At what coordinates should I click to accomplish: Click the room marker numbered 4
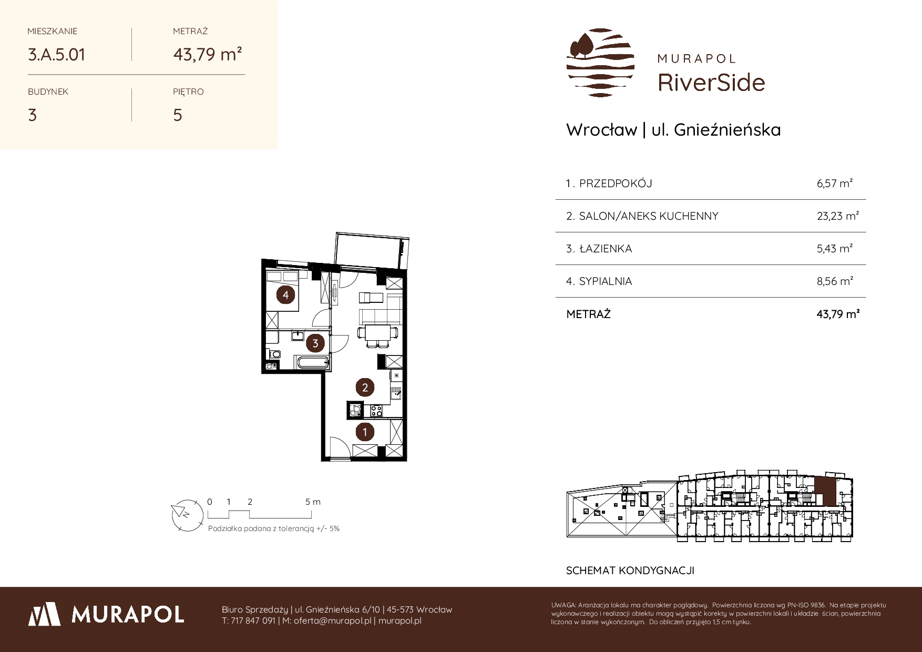point(285,295)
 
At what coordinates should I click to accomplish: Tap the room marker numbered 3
point(315,343)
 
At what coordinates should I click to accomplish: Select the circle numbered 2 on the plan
point(365,388)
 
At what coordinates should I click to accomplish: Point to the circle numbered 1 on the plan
point(365,432)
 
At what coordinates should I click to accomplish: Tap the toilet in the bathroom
point(272,353)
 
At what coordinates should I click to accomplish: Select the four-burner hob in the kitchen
point(376,409)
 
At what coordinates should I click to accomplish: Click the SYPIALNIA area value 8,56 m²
point(835,281)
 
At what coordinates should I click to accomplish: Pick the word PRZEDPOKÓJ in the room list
point(616,184)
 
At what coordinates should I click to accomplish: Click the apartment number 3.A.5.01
point(56,55)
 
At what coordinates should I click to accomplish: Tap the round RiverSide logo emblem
point(600,63)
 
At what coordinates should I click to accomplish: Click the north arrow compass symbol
point(187,513)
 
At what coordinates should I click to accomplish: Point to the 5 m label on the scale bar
point(313,502)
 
